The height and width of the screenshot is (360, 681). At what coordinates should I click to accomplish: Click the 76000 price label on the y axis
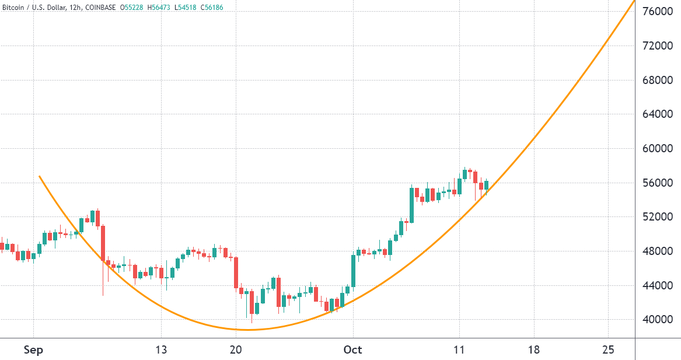click(658, 11)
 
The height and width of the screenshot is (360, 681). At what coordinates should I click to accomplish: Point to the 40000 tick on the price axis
click(658, 320)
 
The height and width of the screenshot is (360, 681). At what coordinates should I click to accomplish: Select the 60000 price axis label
click(658, 148)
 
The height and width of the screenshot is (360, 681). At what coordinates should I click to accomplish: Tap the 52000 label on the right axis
click(658, 217)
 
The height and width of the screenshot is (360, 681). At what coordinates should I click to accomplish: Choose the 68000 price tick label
click(658, 80)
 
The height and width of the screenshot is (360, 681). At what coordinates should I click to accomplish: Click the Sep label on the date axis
click(34, 350)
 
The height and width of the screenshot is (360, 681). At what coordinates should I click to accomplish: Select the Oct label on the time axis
click(352, 350)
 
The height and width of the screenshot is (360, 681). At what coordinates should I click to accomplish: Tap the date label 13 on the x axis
click(161, 350)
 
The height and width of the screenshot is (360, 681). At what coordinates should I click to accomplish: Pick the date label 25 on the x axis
click(608, 350)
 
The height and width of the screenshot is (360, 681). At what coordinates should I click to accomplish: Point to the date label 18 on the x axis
click(533, 350)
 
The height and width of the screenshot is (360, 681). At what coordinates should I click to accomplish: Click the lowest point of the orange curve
click(248, 330)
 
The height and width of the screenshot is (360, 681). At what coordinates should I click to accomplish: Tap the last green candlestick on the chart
click(486, 185)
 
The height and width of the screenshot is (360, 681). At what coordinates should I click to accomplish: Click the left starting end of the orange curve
click(39, 176)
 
